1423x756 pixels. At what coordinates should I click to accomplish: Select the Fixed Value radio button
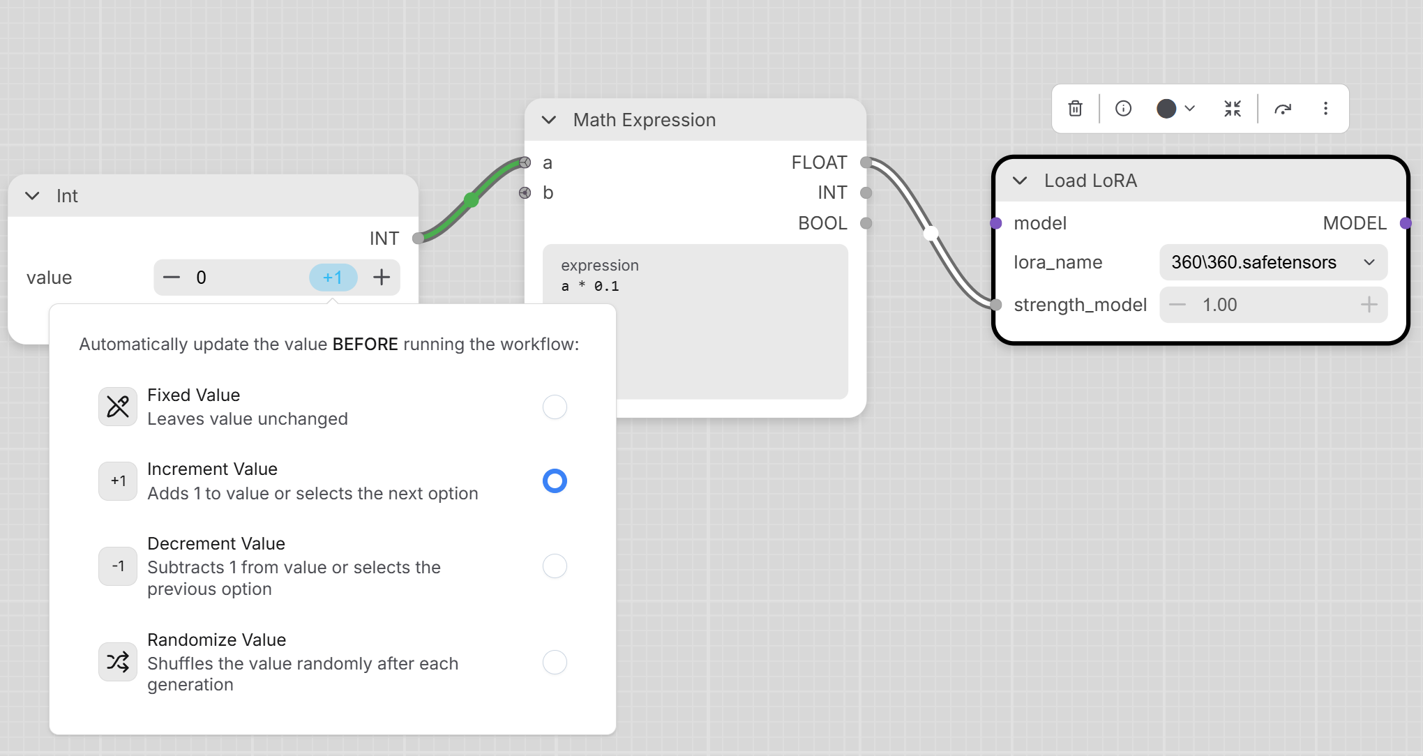point(555,407)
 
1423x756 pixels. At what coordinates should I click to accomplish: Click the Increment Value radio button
point(555,481)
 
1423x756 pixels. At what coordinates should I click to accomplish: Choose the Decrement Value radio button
point(555,566)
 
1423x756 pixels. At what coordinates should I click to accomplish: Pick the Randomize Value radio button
point(555,662)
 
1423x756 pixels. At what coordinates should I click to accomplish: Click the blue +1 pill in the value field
point(333,278)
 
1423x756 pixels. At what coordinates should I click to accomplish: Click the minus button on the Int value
point(172,278)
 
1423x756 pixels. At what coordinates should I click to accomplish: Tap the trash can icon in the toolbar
point(1075,108)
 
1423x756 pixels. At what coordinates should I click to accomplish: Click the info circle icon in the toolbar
point(1123,108)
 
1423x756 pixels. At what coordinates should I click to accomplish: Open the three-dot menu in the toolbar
point(1325,108)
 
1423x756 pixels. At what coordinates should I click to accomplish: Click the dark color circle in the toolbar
point(1166,108)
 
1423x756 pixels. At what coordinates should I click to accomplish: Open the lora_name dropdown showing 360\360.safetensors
point(1273,262)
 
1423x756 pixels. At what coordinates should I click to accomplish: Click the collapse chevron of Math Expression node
point(549,120)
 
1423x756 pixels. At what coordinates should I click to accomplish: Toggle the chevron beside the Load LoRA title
point(1020,181)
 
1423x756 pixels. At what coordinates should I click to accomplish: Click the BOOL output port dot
point(866,223)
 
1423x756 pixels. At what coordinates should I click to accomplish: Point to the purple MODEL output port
point(1406,223)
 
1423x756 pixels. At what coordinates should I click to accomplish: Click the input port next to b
point(525,192)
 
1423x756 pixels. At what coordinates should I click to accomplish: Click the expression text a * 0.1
point(590,286)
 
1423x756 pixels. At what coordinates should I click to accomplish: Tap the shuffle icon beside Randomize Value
point(118,661)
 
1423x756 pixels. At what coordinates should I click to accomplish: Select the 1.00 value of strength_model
point(1219,305)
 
